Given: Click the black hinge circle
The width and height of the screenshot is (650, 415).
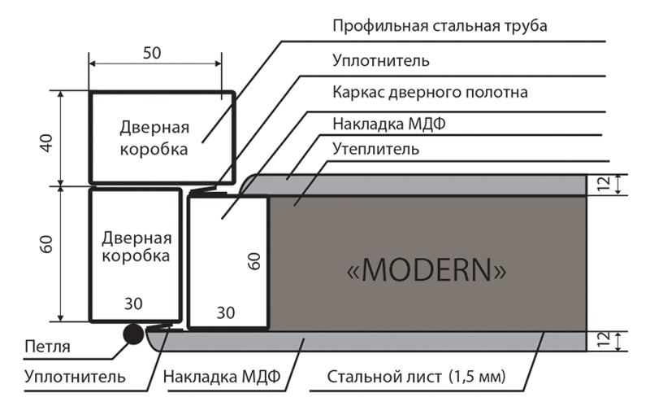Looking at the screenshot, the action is (133, 334).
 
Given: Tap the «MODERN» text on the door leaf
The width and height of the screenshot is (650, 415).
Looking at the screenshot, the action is (427, 270).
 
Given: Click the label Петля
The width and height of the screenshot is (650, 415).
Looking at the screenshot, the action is (47, 347).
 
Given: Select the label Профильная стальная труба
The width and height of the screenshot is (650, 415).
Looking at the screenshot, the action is (440, 26).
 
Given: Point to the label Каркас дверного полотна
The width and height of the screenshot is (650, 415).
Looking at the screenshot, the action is (430, 92).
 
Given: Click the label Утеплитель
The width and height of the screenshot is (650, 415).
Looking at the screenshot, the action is (375, 149).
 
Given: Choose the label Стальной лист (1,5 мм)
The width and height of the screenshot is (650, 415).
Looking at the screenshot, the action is (416, 377).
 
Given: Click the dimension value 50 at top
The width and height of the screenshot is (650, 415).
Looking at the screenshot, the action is (152, 53).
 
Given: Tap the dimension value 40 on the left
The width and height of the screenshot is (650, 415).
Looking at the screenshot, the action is (47, 143).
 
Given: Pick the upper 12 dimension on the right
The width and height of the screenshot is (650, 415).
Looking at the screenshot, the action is (604, 184).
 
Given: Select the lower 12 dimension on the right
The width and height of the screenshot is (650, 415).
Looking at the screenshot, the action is (604, 339).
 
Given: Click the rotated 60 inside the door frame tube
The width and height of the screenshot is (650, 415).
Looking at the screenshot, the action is (254, 261).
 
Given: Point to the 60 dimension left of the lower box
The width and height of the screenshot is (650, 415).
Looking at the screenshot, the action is (47, 244).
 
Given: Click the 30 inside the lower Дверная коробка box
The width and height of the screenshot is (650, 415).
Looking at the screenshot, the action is (133, 304).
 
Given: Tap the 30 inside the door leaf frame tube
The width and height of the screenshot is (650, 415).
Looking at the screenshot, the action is (226, 313).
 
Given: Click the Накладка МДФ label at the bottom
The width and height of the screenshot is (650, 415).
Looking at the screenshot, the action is (222, 377).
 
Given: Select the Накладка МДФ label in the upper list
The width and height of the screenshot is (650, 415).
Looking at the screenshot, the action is (389, 124).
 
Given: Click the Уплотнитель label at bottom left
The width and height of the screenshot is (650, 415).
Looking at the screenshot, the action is (75, 377).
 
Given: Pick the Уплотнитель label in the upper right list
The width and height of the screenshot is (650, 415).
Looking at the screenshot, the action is (381, 60).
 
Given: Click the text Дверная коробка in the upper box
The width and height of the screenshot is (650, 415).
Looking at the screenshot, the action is (154, 138).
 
